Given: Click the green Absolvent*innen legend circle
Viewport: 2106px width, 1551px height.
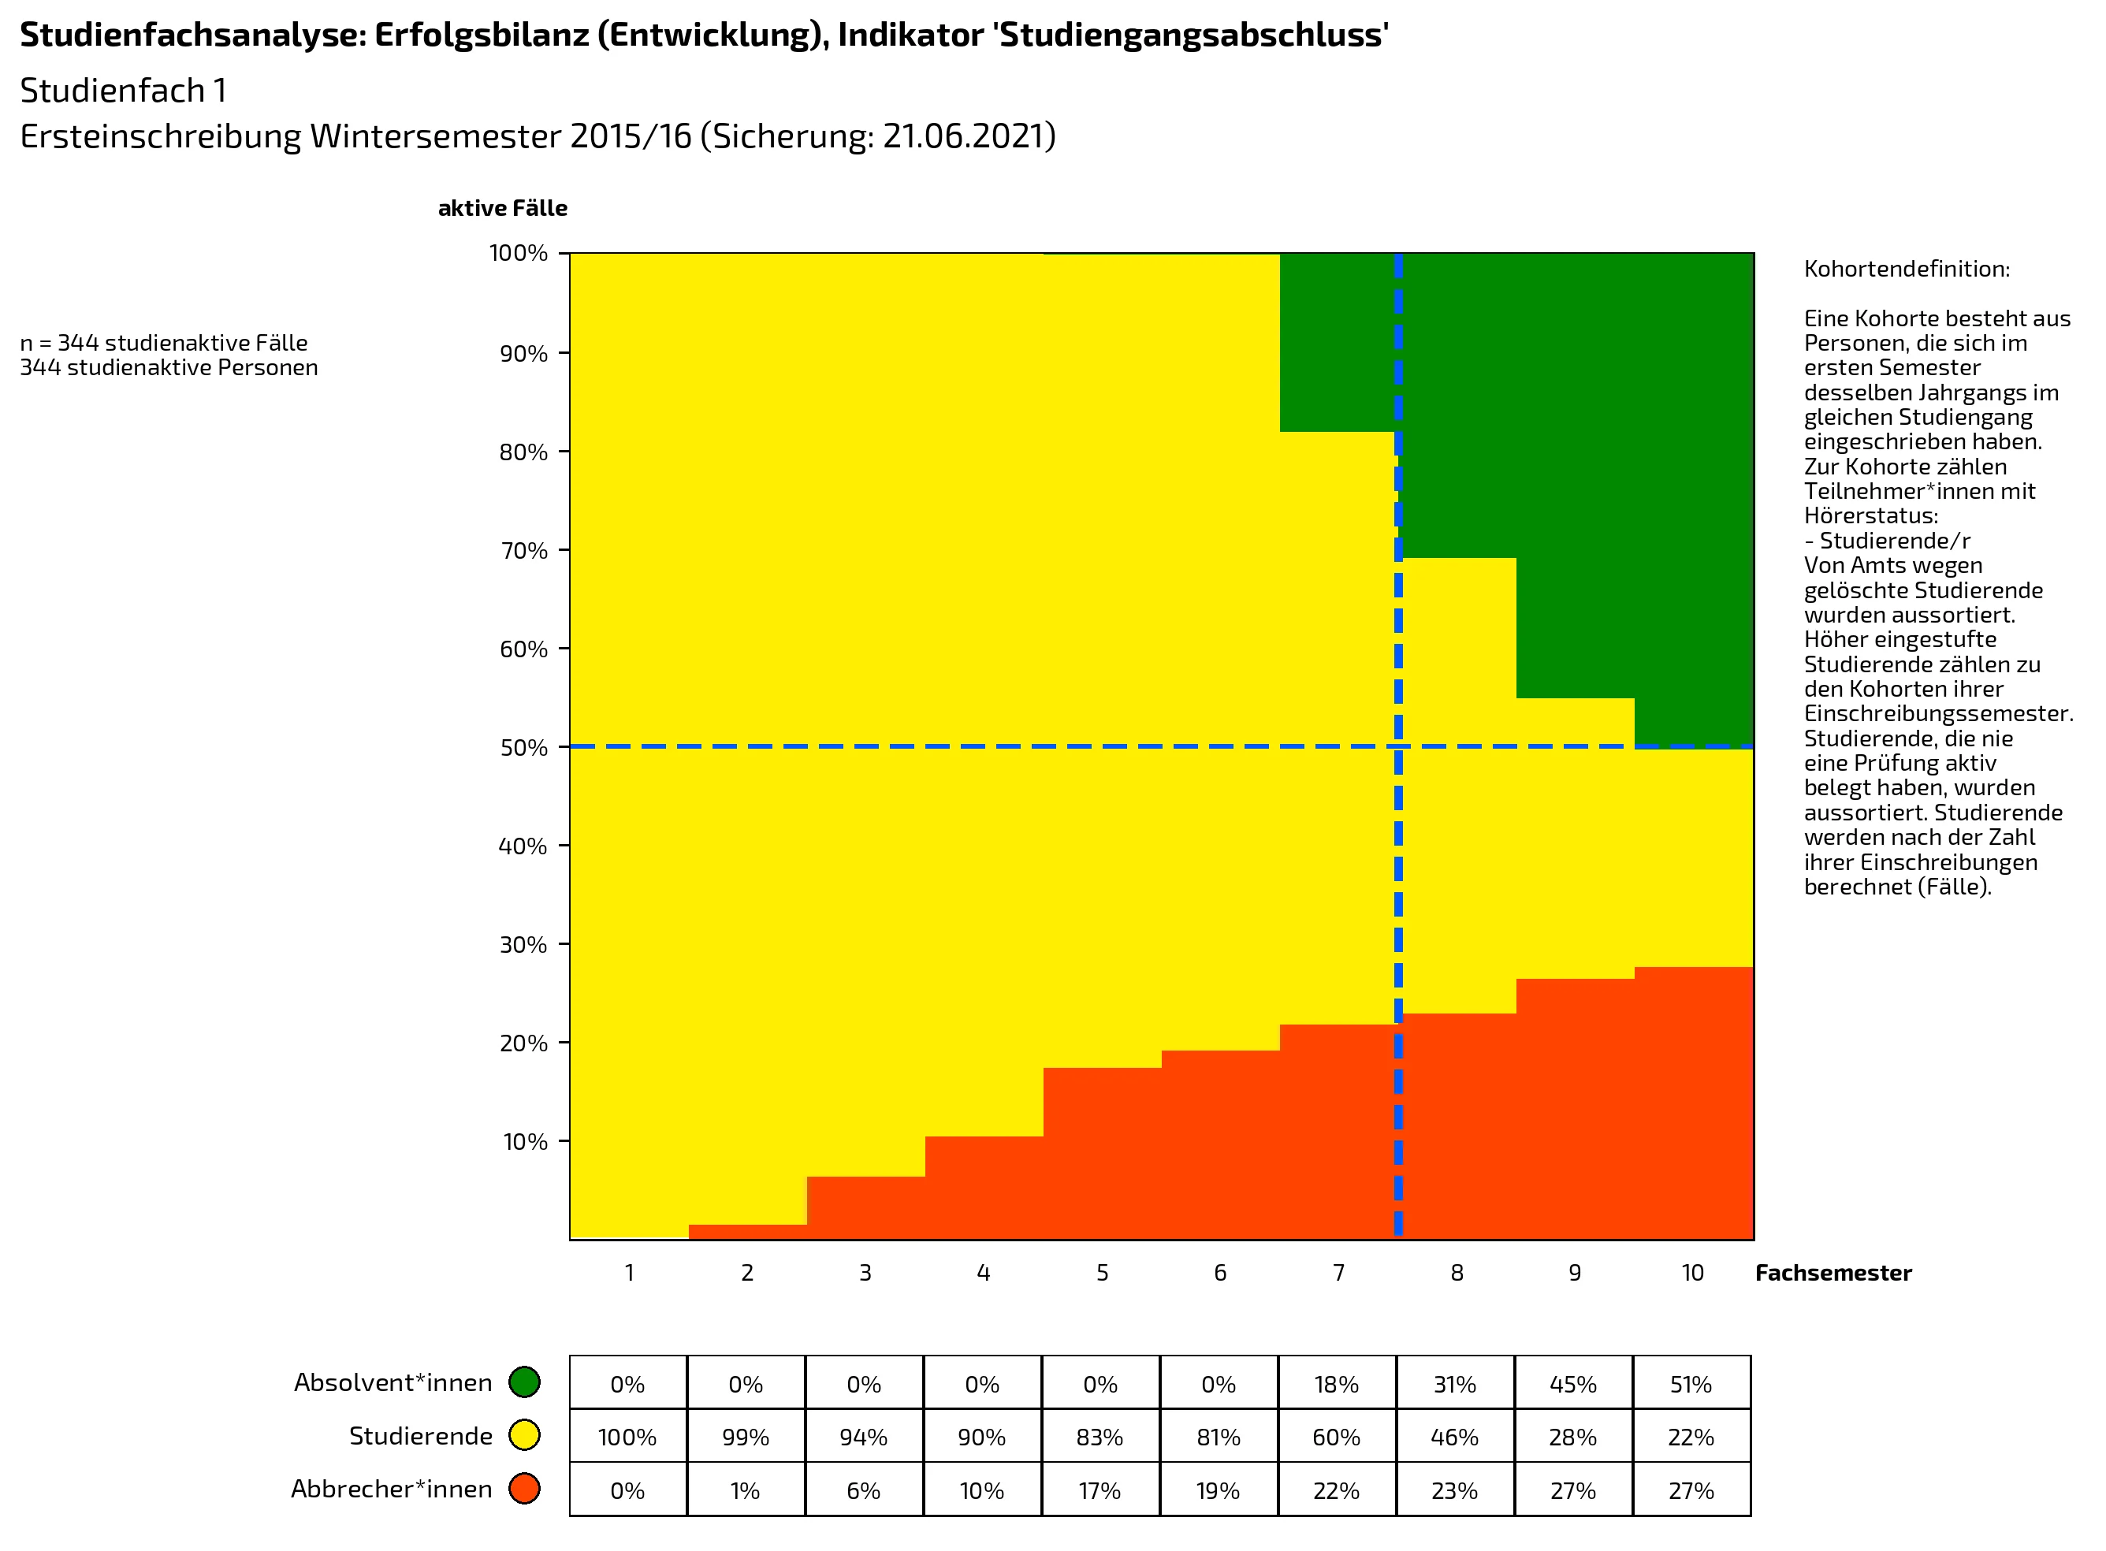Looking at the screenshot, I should click(524, 1382).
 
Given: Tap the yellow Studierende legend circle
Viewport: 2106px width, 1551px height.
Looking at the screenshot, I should click(524, 1435).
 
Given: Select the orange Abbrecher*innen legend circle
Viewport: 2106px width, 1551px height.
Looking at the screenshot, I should click(524, 1489).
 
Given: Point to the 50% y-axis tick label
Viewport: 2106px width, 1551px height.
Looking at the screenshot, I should click(523, 748).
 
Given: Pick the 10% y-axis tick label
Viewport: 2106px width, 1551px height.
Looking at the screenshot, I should click(525, 1143).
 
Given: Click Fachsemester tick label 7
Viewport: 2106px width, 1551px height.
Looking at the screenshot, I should click(1338, 1273).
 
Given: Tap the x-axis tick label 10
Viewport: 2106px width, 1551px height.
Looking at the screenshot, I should click(1692, 1273).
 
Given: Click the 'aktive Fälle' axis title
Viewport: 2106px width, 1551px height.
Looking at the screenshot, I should click(502, 208).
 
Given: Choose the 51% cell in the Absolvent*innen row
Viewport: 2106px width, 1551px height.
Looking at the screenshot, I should click(1691, 1385).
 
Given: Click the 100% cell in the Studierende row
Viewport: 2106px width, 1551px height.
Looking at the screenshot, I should click(627, 1438).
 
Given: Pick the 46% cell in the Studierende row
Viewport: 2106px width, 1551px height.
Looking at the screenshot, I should click(1454, 1438).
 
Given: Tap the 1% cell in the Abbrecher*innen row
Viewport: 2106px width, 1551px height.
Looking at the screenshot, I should click(746, 1491).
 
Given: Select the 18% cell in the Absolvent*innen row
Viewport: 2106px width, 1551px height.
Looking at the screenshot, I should click(1336, 1385).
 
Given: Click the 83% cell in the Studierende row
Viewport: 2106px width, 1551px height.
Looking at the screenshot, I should click(1100, 1438).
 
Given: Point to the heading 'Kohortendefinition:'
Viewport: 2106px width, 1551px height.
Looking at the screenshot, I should click(1906, 270).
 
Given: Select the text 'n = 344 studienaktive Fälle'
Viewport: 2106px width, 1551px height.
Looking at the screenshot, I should click(163, 344).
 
